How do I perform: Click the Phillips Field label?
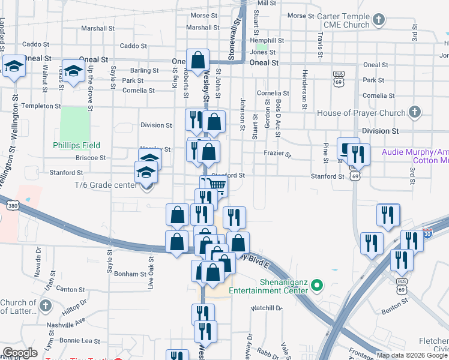click(x=76, y=145)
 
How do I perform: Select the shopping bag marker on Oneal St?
click(x=198, y=61)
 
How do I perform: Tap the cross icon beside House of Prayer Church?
click(x=414, y=112)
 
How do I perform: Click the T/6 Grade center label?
click(x=106, y=185)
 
